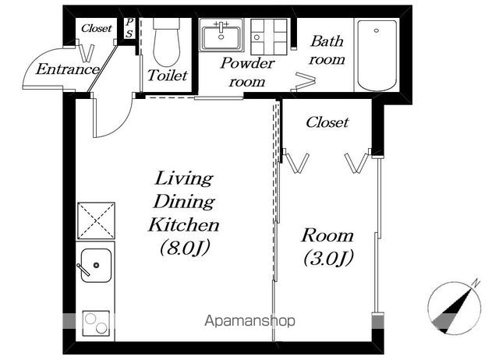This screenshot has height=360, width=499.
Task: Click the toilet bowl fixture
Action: (166, 42)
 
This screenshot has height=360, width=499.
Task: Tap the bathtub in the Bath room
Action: (377, 55)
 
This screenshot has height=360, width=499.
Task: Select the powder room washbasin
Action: (221, 35)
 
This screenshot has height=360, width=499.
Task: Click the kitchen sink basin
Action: (96, 265)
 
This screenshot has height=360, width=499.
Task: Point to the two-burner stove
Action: (96, 323)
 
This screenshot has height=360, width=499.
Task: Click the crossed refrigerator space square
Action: (96, 221)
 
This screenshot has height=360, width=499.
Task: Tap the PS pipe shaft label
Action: (129, 28)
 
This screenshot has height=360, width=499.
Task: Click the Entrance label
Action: (67, 69)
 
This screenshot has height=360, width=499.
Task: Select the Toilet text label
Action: (168, 76)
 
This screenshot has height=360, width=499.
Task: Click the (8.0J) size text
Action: (185, 248)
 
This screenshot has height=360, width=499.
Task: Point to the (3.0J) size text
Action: (328, 258)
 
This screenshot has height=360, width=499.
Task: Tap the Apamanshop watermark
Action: (249, 321)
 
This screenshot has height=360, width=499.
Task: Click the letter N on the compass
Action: (476, 283)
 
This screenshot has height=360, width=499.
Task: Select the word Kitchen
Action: (184, 225)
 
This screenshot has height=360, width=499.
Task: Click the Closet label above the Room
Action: (327, 122)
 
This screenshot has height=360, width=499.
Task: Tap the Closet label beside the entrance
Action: (97, 28)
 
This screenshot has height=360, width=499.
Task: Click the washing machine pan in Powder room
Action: (269, 37)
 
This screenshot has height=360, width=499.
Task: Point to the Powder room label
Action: (247, 72)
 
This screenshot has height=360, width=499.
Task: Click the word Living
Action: (184, 178)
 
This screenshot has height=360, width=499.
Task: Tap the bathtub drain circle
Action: (377, 31)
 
